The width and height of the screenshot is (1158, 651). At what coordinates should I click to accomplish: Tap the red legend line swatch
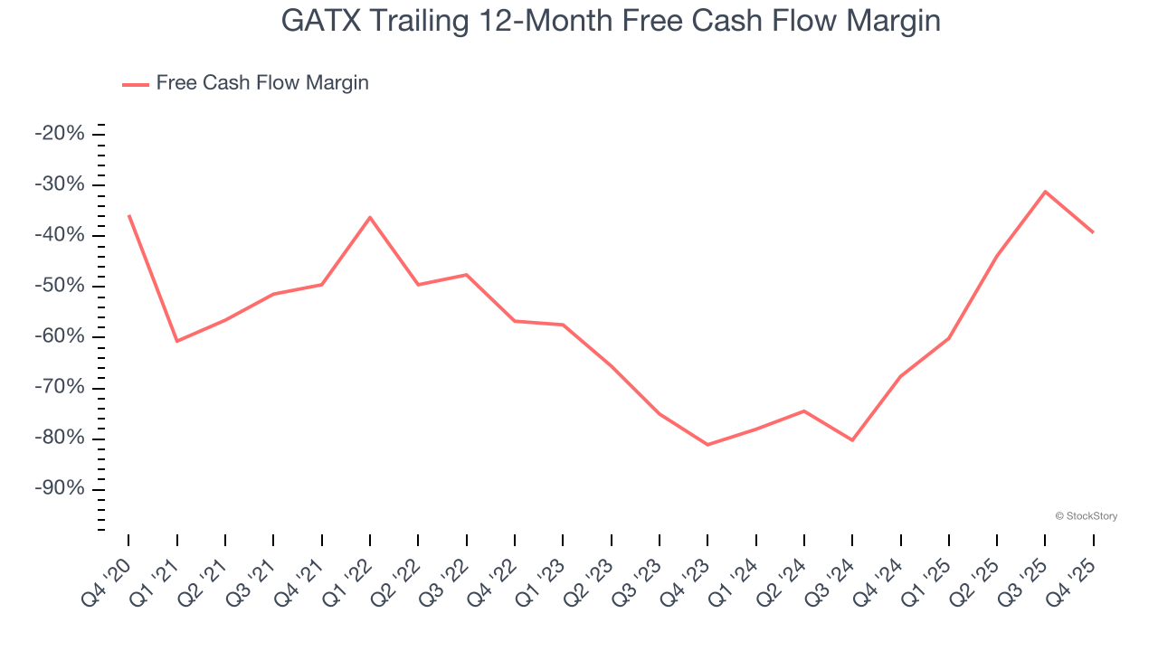(136, 84)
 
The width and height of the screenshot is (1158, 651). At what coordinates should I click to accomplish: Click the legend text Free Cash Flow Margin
(262, 83)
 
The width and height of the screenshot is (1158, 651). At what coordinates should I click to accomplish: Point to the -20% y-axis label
(60, 134)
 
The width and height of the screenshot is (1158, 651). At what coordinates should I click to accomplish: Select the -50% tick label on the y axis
(60, 286)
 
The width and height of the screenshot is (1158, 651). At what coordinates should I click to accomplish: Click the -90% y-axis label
(60, 489)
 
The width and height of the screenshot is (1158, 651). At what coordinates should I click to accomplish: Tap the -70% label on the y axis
(60, 388)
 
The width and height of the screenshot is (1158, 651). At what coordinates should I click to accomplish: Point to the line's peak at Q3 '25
(1045, 192)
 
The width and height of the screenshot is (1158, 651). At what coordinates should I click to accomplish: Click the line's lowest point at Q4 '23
(707, 445)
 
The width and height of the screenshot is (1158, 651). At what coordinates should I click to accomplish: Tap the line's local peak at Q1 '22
(370, 217)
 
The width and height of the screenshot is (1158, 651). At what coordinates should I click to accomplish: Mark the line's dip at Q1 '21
(176, 341)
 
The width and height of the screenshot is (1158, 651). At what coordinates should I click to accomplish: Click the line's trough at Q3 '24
(852, 440)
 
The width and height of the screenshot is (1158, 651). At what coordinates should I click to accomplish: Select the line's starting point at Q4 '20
(128, 215)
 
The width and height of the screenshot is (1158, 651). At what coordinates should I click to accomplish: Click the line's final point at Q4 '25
(1093, 232)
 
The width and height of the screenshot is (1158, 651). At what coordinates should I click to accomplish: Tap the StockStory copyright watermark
(1086, 516)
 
